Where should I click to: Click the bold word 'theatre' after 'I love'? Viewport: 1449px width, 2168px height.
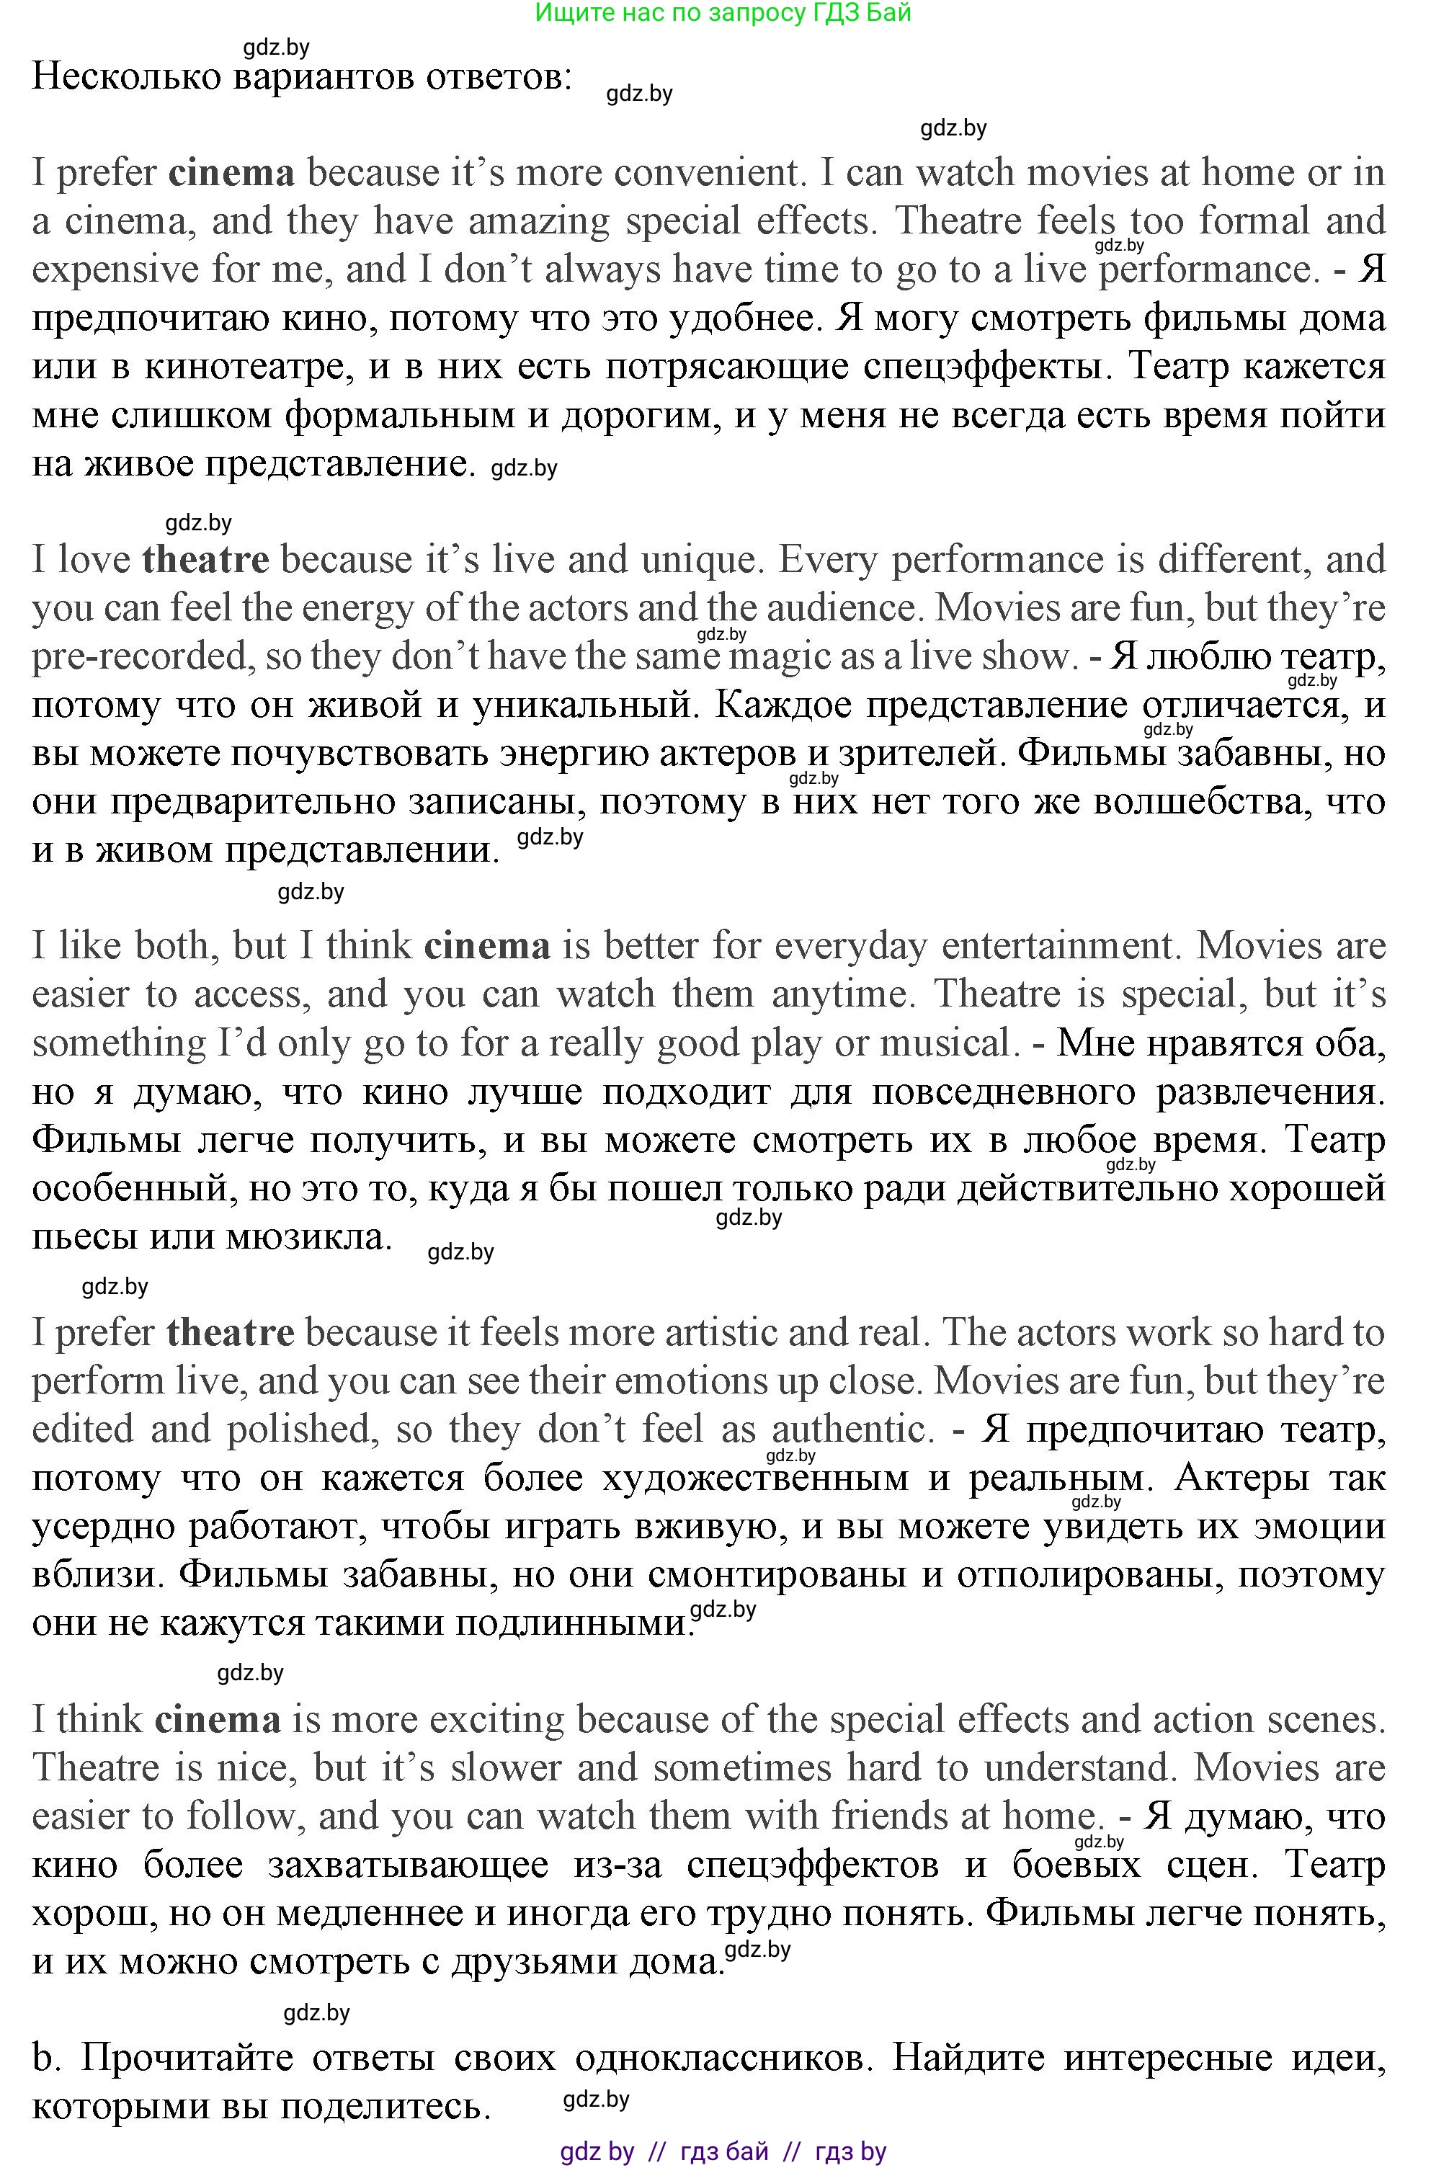(x=205, y=559)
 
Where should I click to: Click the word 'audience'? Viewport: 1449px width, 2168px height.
(x=840, y=608)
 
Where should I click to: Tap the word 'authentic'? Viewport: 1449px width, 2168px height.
(x=848, y=1429)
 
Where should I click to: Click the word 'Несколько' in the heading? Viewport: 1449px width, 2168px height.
(x=127, y=76)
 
